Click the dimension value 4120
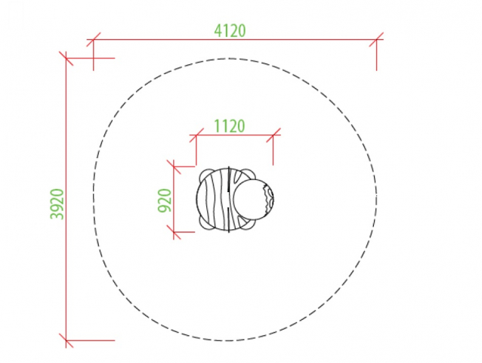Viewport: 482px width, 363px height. (x=230, y=30)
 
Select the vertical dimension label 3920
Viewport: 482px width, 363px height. (x=57, y=203)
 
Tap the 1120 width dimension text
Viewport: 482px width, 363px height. (x=230, y=126)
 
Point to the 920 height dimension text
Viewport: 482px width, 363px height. (x=165, y=200)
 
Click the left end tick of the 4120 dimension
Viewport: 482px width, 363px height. (x=94, y=39)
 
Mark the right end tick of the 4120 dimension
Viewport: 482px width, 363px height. (x=376, y=39)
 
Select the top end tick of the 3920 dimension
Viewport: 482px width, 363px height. (x=66, y=58)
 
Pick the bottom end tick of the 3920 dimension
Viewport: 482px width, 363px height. (x=66, y=340)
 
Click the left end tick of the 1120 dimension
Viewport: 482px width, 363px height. (x=196, y=135)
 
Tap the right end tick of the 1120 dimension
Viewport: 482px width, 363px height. (x=273, y=135)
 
